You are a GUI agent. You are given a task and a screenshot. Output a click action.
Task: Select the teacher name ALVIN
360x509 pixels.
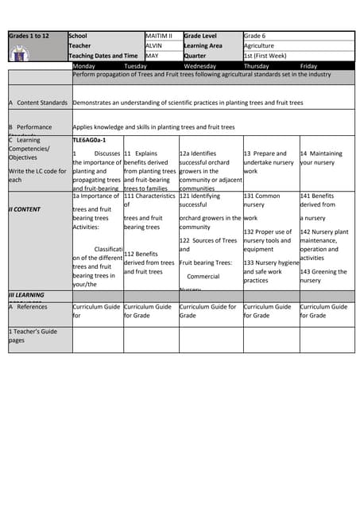tap(155, 46)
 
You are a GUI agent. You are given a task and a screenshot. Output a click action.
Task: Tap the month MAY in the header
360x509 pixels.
tap(153, 56)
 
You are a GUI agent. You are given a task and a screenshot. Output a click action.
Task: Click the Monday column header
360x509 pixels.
tap(83, 66)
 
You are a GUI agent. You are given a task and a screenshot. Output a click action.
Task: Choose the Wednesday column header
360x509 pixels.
tap(199, 66)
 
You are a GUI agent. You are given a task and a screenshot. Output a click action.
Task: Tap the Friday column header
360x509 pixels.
tap(309, 66)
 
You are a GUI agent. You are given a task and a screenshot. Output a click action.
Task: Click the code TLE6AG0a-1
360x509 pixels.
tap(89, 140)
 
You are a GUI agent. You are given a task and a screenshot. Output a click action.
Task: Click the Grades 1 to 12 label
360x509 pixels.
tap(29, 36)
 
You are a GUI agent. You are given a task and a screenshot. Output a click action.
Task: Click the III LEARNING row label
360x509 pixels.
tap(27, 295)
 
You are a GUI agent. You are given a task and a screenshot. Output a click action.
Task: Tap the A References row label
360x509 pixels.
tap(28, 306)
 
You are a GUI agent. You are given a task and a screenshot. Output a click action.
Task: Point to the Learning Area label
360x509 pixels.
tap(203, 46)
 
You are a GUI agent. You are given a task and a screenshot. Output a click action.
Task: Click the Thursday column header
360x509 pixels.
tap(256, 66)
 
